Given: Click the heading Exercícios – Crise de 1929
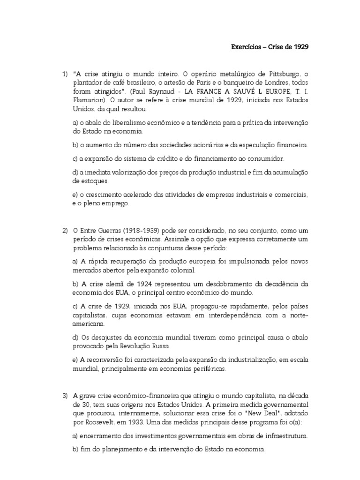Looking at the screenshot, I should [270, 47].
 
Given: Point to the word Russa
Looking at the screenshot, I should [160, 346].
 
